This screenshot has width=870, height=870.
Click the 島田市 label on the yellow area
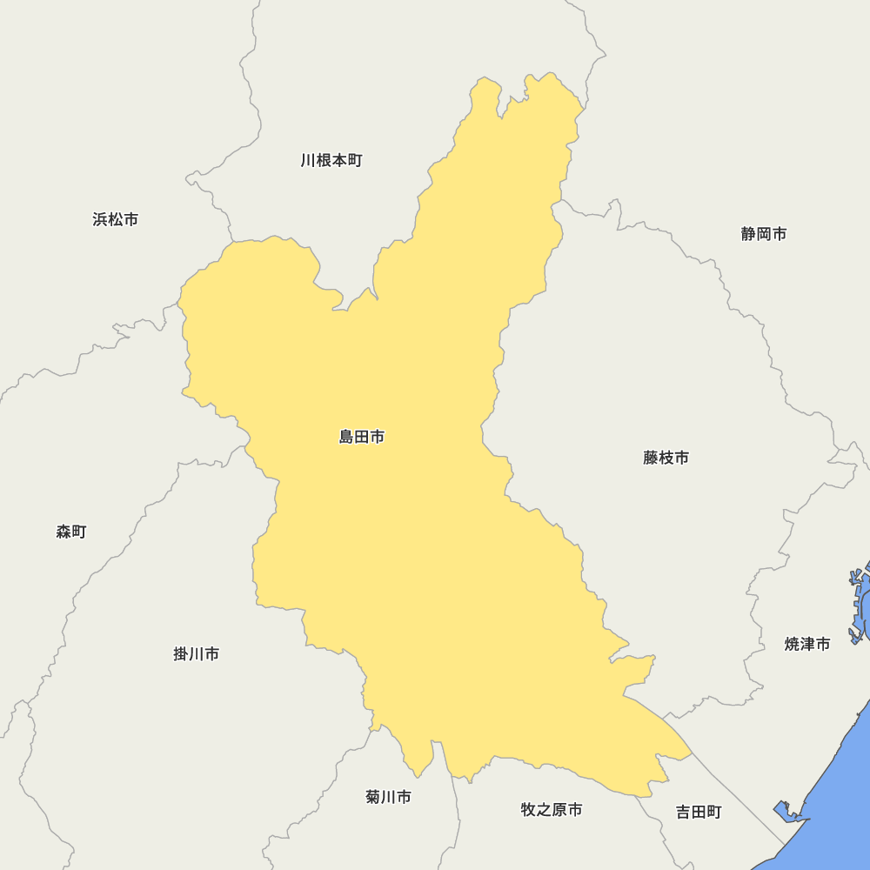(x=362, y=437)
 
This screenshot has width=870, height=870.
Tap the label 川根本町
(x=331, y=160)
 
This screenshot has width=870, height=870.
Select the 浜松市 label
(x=115, y=219)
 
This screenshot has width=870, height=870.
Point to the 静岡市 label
(x=764, y=233)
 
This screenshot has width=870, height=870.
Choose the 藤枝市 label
(x=666, y=458)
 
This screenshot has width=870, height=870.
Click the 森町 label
(x=71, y=532)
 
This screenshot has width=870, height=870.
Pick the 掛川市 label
(x=197, y=653)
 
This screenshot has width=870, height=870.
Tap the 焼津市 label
(x=807, y=644)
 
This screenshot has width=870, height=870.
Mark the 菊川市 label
(x=388, y=796)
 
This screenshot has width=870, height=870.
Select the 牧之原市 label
(x=552, y=809)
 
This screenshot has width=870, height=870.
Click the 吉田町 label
(x=699, y=812)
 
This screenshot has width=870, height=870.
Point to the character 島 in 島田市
(x=347, y=437)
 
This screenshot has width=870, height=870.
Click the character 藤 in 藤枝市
(x=652, y=458)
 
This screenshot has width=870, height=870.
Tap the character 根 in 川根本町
(x=324, y=160)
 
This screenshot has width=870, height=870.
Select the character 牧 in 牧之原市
(x=529, y=809)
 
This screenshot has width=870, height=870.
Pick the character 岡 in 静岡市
(x=764, y=233)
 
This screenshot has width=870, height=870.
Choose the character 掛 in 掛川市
(x=182, y=653)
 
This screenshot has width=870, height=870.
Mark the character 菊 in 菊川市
(x=373, y=796)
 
